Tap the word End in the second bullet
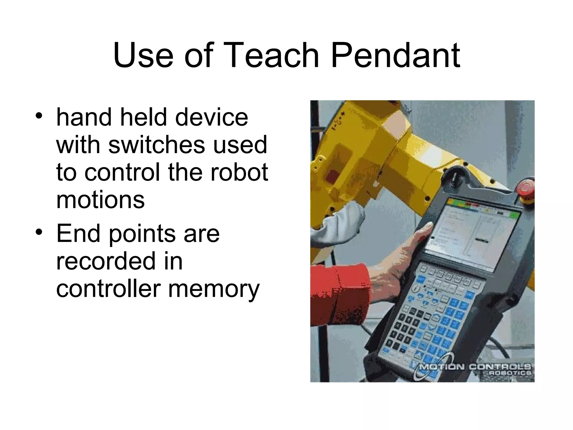[78, 233]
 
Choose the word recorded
[106, 261]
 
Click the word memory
[214, 289]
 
